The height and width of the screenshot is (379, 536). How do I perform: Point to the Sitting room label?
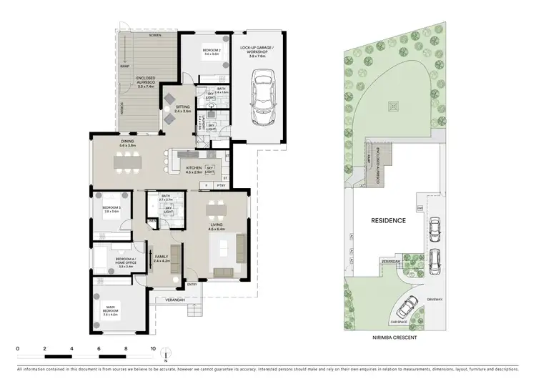[182, 109]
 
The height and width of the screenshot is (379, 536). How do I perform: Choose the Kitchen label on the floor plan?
[195, 171]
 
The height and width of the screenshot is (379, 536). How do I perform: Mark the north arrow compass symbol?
[165, 355]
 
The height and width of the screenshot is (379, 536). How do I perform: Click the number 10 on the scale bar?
[153, 349]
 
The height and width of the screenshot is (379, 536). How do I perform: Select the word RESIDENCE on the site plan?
[389, 221]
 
